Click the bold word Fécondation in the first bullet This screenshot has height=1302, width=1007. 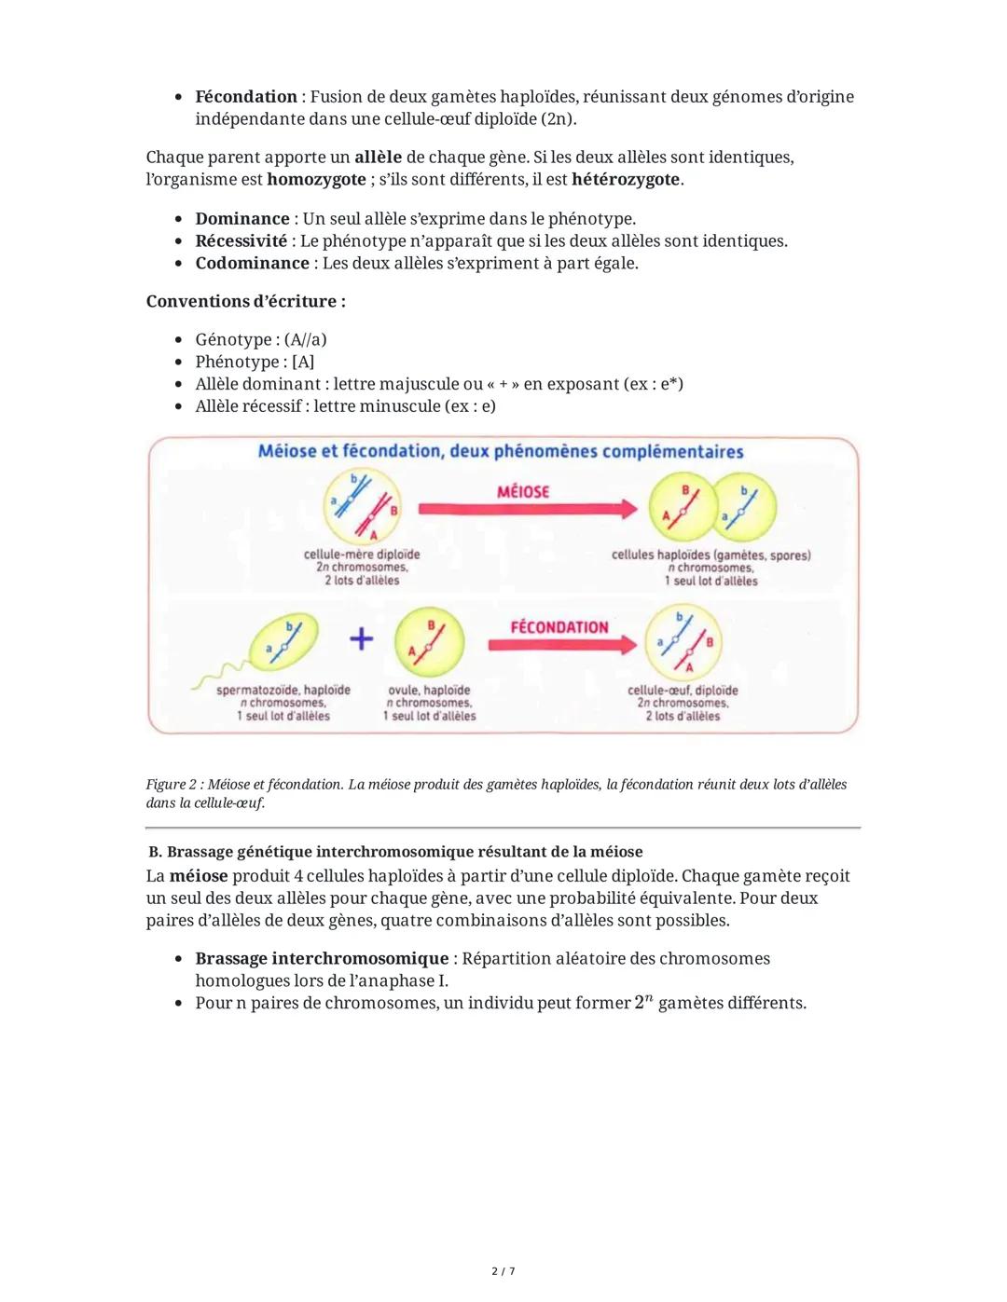click(x=246, y=97)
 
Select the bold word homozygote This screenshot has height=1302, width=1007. click(x=316, y=179)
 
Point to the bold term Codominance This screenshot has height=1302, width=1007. click(x=252, y=263)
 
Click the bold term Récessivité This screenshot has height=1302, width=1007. click(x=241, y=240)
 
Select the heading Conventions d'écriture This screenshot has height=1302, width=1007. click(x=246, y=302)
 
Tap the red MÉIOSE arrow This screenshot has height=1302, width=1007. click(x=527, y=507)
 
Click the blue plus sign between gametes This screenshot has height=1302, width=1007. click(x=361, y=638)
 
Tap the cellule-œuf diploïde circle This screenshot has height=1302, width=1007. click(x=684, y=642)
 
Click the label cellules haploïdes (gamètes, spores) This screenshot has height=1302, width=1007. click(x=710, y=555)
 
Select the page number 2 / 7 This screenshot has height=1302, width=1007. click(x=503, y=1271)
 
